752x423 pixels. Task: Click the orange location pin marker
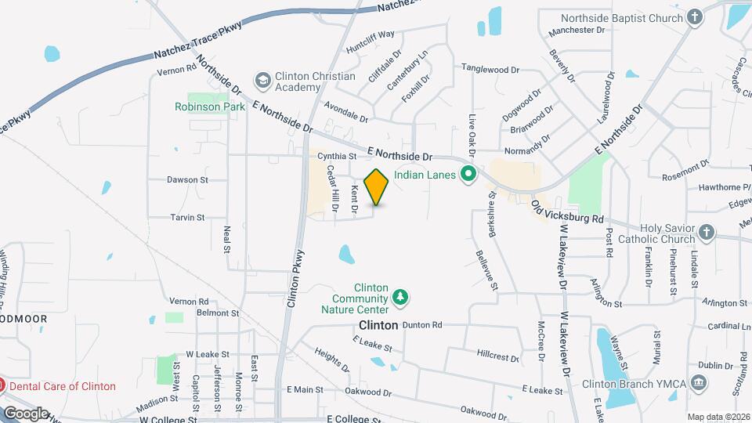pyautogui.click(x=377, y=186)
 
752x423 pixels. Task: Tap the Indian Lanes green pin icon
pyautogui.click(x=469, y=174)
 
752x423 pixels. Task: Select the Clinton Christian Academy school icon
pyautogui.click(x=262, y=81)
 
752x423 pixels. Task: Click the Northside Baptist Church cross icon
pyautogui.click(x=694, y=16)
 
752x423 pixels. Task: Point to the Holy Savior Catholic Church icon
pyautogui.click(x=706, y=233)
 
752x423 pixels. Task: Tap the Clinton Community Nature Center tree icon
pyautogui.click(x=401, y=296)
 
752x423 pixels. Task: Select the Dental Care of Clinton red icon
pyautogui.click(x=2, y=385)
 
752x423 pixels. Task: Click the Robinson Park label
pyautogui.click(x=204, y=107)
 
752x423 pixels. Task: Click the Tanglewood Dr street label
pyautogui.click(x=490, y=68)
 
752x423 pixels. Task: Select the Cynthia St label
pyautogui.click(x=337, y=156)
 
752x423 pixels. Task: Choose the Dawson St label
pyautogui.click(x=186, y=179)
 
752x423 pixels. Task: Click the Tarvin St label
pyautogui.click(x=188, y=217)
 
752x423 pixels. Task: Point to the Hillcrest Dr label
pyautogui.click(x=497, y=355)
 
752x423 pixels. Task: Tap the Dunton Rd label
pyautogui.click(x=422, y=324)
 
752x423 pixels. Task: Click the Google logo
pyautogui.click(x=25, y=413)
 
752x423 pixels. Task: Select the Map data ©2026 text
pyautogui.click(x=718, y=417)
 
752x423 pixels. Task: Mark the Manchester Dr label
pyautogui.click(x=578, y=30)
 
